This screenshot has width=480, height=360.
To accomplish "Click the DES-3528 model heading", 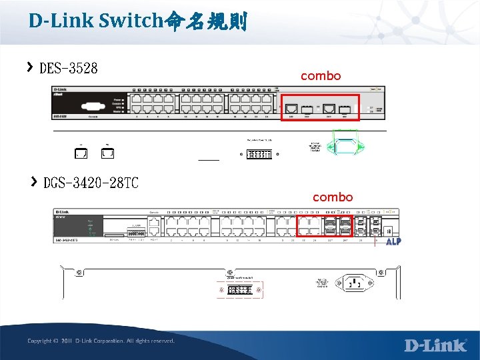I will point(69,68).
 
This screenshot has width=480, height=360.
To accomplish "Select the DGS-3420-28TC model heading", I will point(91,183).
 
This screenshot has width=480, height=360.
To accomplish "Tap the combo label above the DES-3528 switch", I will point(321,76).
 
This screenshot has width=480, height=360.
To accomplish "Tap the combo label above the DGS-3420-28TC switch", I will point(333,197).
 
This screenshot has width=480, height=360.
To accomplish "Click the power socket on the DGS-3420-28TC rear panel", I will point(354,283).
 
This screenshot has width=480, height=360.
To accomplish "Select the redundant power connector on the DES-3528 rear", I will point(259,154).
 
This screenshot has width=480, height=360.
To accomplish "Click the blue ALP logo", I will point(393,241).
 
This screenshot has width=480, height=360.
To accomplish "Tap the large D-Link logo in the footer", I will point(436,345).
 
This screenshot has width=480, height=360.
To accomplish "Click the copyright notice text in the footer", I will point(101,341).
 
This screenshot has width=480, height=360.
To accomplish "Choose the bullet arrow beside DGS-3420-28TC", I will point(33,181).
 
